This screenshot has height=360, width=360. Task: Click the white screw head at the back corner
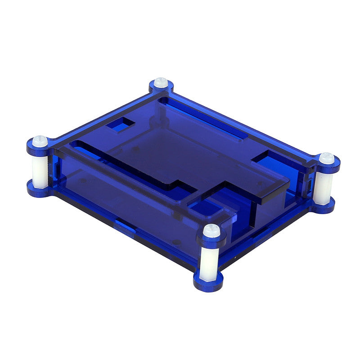(x=161, y=83)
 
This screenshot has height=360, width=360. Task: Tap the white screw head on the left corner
(x=40, y=141)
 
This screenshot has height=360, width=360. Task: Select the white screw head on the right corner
(x=327, y=158)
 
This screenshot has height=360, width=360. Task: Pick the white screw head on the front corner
(x=211, y=230)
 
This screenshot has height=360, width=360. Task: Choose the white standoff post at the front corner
(x=209, y=263)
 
